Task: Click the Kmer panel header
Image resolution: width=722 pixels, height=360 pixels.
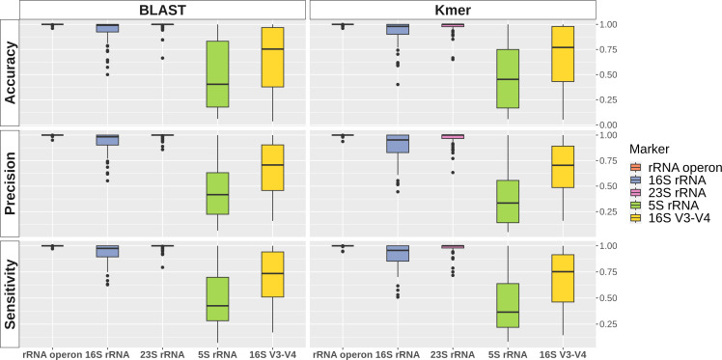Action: (453, 10)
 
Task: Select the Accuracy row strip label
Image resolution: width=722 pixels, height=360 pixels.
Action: (10, 72)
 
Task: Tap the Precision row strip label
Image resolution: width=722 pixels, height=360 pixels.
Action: (10, 182)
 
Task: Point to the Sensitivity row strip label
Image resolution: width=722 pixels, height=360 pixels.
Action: (10, 294)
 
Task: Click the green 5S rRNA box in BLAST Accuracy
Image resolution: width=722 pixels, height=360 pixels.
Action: (217, 74)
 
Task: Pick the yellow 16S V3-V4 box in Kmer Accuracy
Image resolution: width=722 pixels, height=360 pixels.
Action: (563, 54)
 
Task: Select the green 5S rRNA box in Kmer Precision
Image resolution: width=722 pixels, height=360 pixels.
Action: (508, 201)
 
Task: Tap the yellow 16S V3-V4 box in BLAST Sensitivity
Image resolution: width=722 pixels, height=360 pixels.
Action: (272, 274)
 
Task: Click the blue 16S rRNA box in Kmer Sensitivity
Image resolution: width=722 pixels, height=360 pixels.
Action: (398, 253)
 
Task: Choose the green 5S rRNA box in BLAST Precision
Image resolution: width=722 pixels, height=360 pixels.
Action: (217, 193)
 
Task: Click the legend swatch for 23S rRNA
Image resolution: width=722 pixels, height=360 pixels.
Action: (635, 191)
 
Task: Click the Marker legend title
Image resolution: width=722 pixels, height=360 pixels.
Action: (649, 149)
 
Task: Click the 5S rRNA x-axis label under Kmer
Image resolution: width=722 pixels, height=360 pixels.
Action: (508, 355)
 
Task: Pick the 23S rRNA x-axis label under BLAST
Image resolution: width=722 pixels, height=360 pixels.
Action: (163, 355)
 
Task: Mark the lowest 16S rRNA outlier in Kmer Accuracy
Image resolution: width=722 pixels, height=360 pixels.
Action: (398, 85)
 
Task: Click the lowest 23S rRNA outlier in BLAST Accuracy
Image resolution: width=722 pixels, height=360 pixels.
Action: (163, 58)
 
